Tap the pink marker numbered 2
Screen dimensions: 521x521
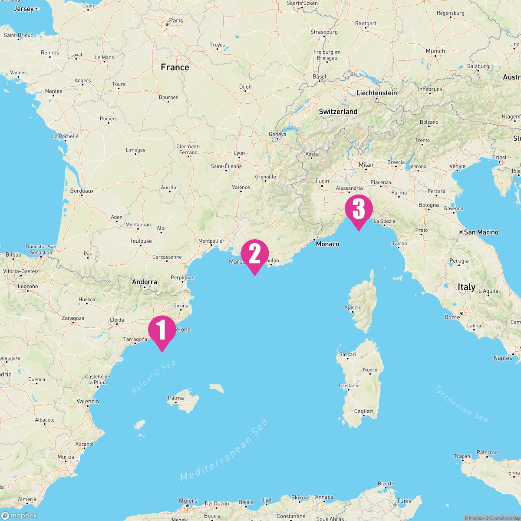pos(255,254)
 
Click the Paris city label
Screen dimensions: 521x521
pos(176,20)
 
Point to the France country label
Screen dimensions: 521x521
pos(175,67)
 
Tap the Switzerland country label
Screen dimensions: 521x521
pos(338,112)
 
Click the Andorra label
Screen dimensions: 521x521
pos(145,282)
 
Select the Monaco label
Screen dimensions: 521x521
pos(327,244)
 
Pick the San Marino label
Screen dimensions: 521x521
pos(481,232)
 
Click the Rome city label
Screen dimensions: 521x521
pos(452,317)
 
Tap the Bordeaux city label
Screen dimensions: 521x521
pos(82,191)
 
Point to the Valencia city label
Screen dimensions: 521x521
pos(88,402)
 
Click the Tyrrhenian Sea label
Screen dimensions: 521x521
pos(461,403)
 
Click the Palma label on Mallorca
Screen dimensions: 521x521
pos(176,398)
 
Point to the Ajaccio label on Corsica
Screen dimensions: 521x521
pos(353,307)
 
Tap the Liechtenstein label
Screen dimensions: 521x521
pos(376,93)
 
